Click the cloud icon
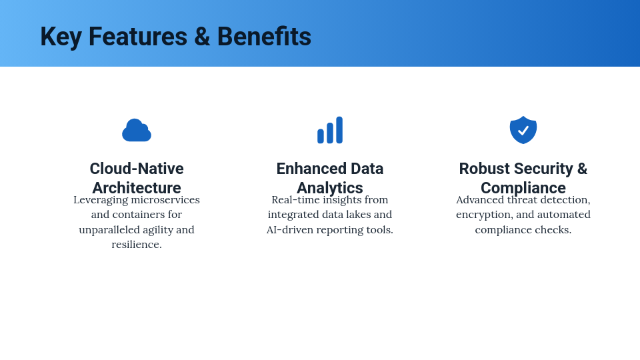point(137,131)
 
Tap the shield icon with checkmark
point(523,130)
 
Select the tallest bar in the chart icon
point(339,130)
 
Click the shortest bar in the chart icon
point(321,136)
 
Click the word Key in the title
point(61,37)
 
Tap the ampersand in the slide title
point(202,37)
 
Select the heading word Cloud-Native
point(137,169)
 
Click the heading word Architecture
point(137,188)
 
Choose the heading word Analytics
point(330,188)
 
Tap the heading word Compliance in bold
point(523,188)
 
